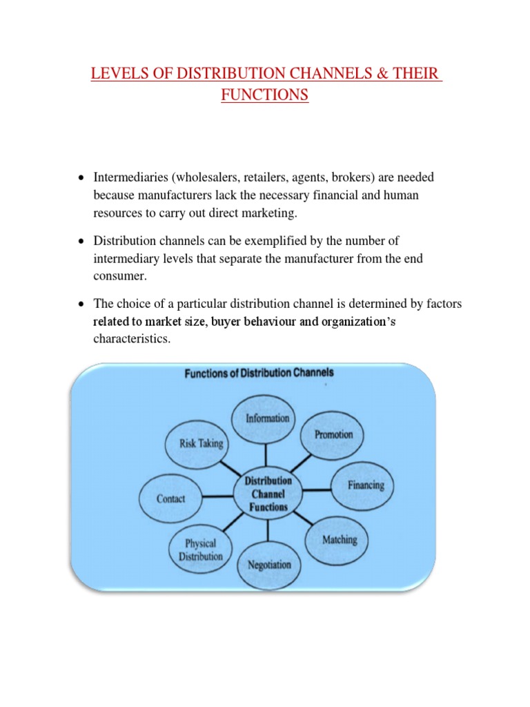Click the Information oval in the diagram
click(x=268, y=418)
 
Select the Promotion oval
click(x=333, y=434)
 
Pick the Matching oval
click(x=340, y=539)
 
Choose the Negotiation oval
click(x=269, y=564)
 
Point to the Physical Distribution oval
click(x=201, y=550)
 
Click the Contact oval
click(x=171, y=498)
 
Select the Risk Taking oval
click(x=202, y=443)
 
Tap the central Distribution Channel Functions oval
click(x=268, y=493)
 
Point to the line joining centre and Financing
click(x=317, y=490)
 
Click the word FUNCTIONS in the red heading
click(x=265, y=95)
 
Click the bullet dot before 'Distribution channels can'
click(x=81, y=241)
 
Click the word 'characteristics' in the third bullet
click(x=131, y=339)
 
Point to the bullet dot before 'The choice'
click(x=81, y=304)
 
